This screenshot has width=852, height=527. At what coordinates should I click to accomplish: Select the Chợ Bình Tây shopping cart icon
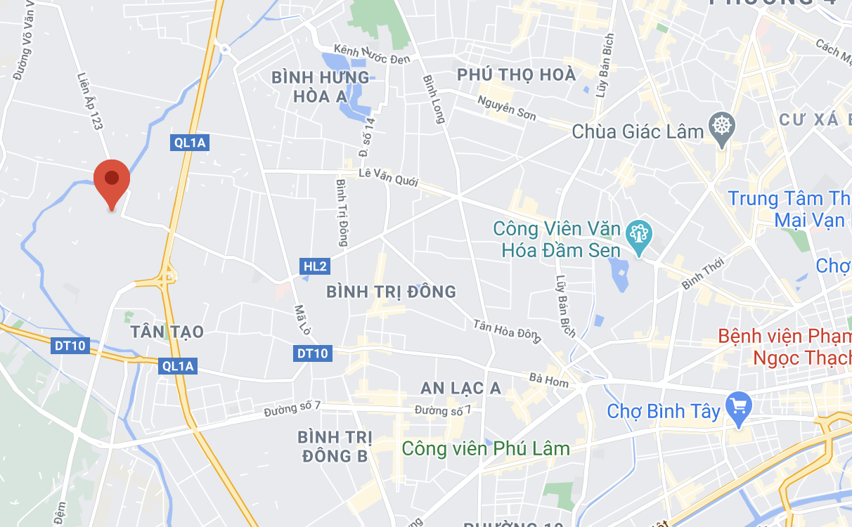tap(739, 406)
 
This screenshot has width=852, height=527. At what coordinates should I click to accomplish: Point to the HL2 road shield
tap(315, 266)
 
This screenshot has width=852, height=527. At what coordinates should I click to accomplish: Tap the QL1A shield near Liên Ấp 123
tap(191, 143)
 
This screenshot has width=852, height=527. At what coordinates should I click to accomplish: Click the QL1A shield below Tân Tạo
tap(177, 365)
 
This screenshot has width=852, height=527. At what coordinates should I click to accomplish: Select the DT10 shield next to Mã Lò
tap(312, 353)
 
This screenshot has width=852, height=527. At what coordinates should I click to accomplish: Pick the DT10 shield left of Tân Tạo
tap(70, 346)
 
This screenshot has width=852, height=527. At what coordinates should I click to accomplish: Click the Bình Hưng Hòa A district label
tap(320, 86)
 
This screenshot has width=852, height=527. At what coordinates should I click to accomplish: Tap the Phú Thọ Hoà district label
tap(516, 74)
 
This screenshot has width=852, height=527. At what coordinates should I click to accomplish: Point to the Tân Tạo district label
tap(167, 332)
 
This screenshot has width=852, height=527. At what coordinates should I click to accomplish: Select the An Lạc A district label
tap(460, 388)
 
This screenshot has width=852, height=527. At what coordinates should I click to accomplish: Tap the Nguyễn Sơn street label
tap(506, 109)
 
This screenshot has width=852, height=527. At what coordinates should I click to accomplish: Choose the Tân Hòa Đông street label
tap(505, 331)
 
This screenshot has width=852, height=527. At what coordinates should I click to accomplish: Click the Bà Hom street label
tap(549, 379)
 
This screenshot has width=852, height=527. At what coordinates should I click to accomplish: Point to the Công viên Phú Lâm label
tap(485, 448)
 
